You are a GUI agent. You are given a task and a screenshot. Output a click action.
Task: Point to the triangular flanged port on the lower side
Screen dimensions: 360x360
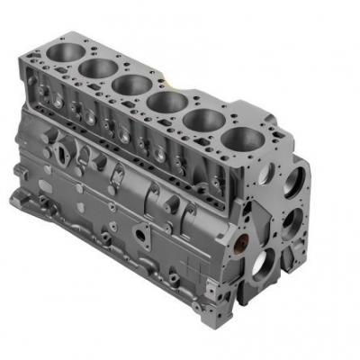point(142,236)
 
